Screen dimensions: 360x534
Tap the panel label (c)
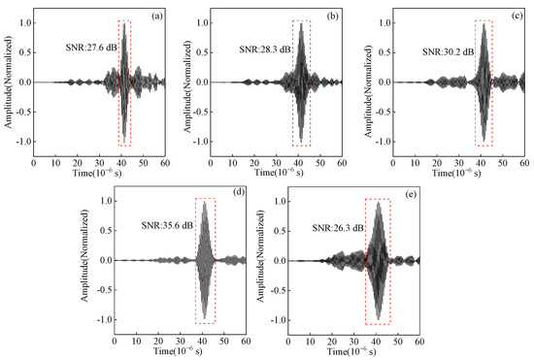pos(517,15)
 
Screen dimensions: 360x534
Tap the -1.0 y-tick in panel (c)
pos(382,141)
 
